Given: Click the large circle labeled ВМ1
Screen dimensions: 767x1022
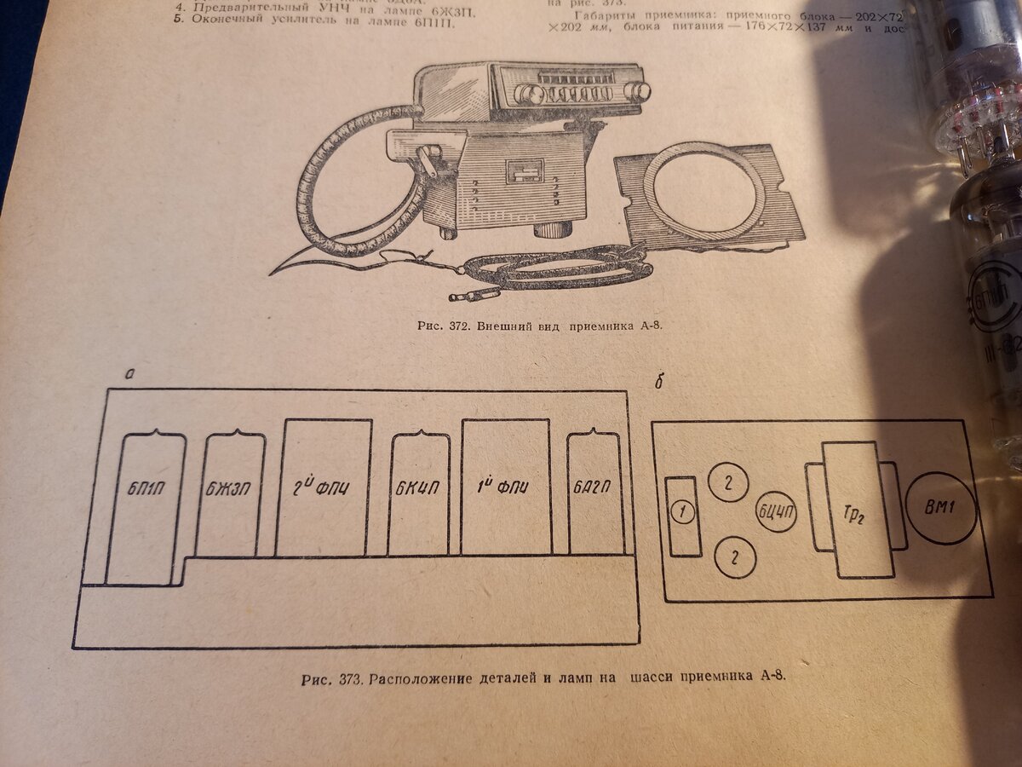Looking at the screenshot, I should [941, 508].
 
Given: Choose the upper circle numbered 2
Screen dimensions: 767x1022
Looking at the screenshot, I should [728, 482].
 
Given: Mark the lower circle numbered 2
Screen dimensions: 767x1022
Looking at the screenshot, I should [734, 558].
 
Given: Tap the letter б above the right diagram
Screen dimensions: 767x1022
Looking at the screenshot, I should [658, 381].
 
